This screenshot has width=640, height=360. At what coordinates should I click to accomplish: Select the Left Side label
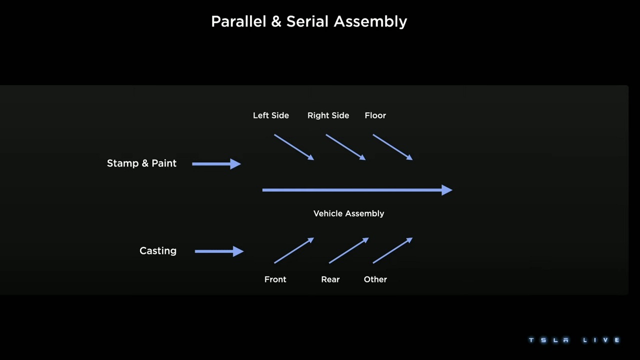click(x=270, y=115)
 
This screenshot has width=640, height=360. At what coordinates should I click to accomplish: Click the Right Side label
click(x=328, y=115)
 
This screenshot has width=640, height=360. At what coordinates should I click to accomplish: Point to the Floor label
click(x=375, y=115)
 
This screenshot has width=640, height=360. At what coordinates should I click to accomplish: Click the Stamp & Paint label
click(x=141, y=163)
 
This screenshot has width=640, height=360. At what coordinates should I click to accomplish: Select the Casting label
click(x=157, y=251)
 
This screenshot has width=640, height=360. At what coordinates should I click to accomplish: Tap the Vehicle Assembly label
click(x=348, y=213)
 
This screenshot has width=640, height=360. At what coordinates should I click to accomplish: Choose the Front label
click(x=275, y=279)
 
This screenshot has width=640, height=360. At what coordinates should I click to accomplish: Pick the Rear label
click(x=330, y=279)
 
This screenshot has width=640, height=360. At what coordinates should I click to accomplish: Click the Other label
click(x=375, y=279)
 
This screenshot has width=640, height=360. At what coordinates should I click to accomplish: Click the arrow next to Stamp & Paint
click(x=216, y=163)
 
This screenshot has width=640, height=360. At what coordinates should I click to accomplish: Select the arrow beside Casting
click(x=218, y=251)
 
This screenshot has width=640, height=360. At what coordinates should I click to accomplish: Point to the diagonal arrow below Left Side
click(x=294, y=147)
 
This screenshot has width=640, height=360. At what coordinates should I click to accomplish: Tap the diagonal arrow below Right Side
click(x=345, y=147)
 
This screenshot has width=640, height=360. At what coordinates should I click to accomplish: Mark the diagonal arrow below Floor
click(x=392, y=147)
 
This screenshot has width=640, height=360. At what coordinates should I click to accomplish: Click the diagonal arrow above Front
click(x=294, y=250)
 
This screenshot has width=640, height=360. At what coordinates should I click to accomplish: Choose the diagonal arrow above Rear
click(x=348, y=250)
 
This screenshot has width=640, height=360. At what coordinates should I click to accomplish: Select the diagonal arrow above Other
click(x=392, y=250)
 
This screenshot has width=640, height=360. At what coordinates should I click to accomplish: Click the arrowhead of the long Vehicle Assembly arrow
click(x=447, y=190)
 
